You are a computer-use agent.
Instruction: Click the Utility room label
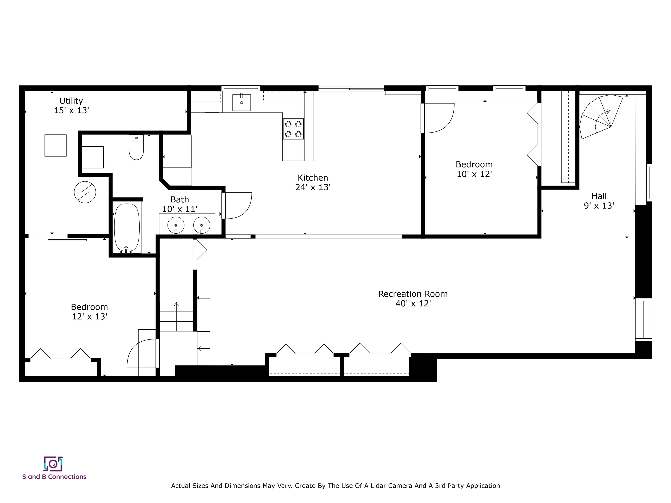coord(71,101)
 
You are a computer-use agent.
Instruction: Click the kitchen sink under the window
coord(241,102)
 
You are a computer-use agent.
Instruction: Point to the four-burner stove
coord(293,129)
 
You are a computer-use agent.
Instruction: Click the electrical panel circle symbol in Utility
coord(85,192)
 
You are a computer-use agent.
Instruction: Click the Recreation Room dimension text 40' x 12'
coord(413,303)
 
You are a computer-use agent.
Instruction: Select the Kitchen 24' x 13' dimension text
coord(313,187)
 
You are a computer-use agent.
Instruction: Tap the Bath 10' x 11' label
coord(180,204)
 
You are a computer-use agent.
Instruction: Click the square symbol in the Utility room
coord(55,146)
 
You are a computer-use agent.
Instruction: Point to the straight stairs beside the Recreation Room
coord(176,316)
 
